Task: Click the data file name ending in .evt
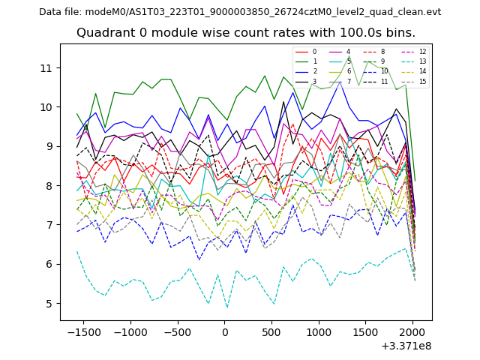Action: [x=240, y=12]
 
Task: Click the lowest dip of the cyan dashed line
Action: [x=227, y=307]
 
